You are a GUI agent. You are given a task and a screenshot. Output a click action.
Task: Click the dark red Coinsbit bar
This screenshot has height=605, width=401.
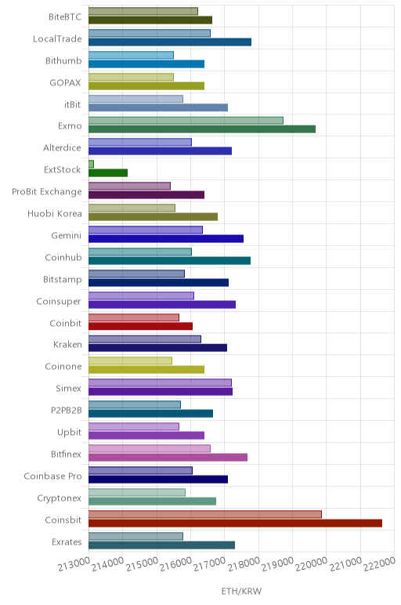click(x=235, y=523)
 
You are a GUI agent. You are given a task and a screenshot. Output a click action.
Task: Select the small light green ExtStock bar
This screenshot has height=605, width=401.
click(x=91, y=164)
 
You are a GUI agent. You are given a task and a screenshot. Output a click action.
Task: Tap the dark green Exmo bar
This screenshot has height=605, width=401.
click(x=202, y=129)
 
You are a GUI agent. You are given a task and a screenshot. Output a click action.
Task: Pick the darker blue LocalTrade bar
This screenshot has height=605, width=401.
click(x=170, y=42)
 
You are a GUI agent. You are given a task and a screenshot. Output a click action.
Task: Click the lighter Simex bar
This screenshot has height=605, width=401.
click(x=160, y=382)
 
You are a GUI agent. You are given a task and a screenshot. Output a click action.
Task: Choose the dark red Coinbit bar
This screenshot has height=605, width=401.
click(x=141, y=326)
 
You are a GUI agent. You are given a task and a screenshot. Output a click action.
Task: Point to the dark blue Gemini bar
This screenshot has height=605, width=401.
click(x=166, y=238)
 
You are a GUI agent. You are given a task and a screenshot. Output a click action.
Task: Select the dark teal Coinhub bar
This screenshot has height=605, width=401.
click(x=170, y=260)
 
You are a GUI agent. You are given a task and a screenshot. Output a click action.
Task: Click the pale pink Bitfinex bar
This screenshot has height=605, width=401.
click(x=150, y=448)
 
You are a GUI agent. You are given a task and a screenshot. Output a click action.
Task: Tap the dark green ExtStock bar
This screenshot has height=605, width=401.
click(x=108, y=173)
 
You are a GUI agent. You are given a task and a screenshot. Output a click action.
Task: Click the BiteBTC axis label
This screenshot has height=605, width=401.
click(x=65, y=17)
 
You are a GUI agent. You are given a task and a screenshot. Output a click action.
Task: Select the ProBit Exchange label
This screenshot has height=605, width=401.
click(x=47, y=192)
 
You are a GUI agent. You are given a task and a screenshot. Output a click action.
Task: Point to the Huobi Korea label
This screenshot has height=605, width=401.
click(x=55, y=214)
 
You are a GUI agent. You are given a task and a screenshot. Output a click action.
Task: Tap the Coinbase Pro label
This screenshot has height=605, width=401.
click(x=52, y=476)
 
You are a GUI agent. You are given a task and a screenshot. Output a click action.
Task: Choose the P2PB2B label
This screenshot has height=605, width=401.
click(x=67, y=410)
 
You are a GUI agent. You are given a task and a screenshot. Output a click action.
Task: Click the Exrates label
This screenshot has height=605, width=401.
click(x=67, y=542)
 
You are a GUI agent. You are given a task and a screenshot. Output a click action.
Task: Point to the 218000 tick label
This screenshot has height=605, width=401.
click(x=244, y=564)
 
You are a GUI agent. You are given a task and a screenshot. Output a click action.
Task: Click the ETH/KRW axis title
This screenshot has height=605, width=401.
click(x=241, y=591)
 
